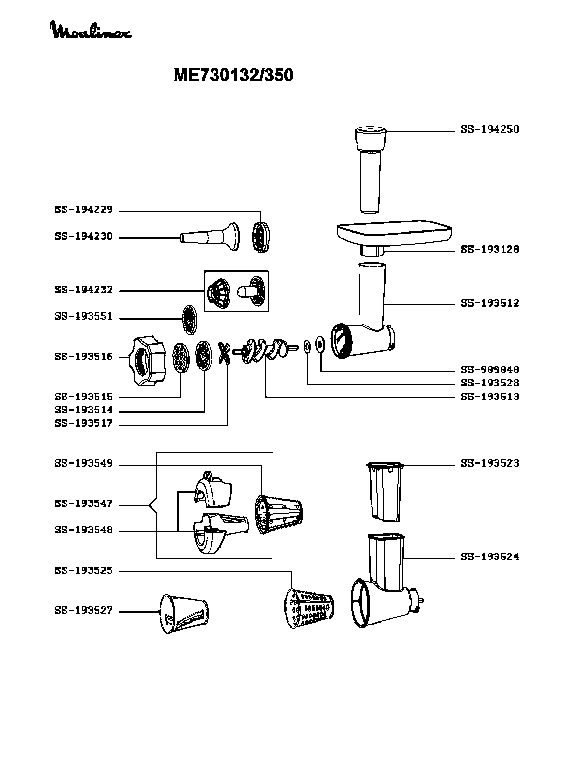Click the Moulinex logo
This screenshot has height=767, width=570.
coord(90,30)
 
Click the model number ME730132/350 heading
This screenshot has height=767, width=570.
coord(234,75)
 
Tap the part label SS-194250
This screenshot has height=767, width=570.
coord(490,129)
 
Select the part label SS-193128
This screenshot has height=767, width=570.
coord(490,249)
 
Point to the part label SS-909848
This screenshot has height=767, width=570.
coord(490,370)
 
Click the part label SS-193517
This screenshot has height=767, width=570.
coord(84,423)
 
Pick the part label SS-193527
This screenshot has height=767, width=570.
coord(84,611)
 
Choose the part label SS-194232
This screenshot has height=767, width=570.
coord(84,290)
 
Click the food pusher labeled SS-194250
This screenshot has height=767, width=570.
coord(370,170)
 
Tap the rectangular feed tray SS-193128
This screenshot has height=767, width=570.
coord(394,237)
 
